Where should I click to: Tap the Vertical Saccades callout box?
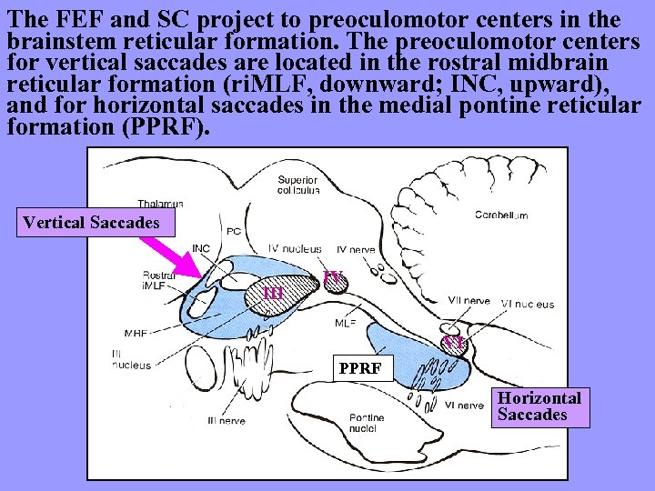point(91,222)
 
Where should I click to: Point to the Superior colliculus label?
point(298,185)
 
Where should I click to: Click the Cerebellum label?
point(500,215)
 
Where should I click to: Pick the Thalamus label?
point(160,204)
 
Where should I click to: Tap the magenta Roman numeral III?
point(274,293)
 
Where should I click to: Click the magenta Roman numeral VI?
point(453,343)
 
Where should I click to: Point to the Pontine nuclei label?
point(367,423)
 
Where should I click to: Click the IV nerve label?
point(355,248)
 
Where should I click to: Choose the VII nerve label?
point(469,300)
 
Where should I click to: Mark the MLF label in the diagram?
point(345,322)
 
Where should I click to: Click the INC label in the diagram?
point(201,248)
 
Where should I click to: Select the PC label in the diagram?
point(234,231)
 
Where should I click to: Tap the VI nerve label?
point(464,406)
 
